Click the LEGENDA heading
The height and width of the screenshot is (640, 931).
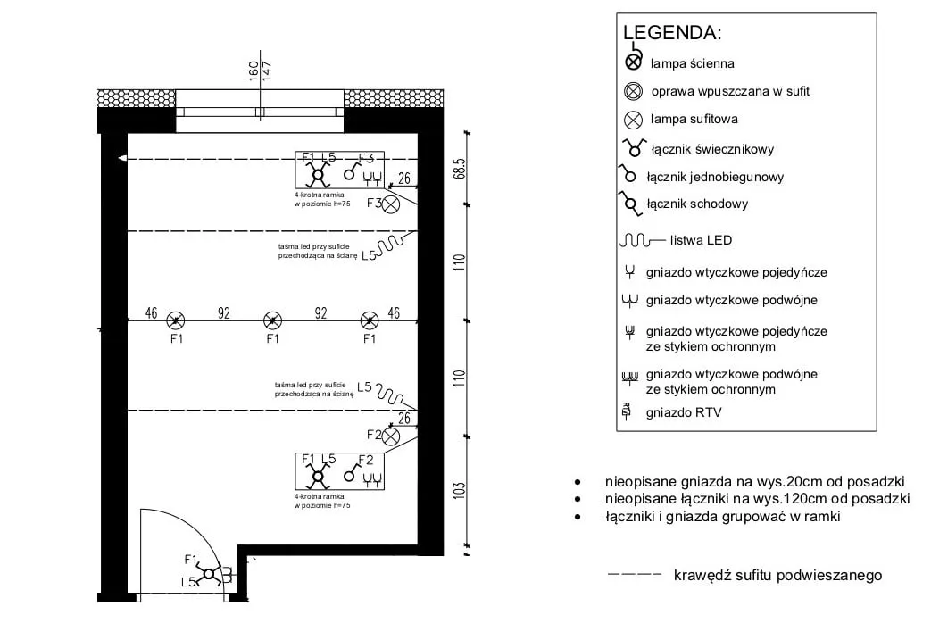pos(671,33)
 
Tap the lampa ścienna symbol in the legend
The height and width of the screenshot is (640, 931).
pos(633,62)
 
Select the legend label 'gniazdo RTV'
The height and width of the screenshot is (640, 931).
pos(683,412)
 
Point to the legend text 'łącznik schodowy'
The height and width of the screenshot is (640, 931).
pos(697,204)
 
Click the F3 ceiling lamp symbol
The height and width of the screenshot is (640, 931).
pos(390,204)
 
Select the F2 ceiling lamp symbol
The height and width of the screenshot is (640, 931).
pos(390,436)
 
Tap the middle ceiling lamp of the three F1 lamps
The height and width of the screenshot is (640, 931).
pos(272,320)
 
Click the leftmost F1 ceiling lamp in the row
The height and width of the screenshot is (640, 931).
pos(176,320)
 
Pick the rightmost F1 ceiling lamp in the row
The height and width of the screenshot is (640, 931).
pos(369,320)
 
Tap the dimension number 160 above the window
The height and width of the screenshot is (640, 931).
pos(254,68)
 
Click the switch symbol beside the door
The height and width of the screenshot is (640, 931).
pos(210,574)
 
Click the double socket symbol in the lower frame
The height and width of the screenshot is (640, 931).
pos(373,479)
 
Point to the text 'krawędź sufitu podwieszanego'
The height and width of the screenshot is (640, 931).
pos(777,575)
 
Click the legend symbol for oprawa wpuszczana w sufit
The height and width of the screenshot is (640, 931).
pos(634,91)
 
